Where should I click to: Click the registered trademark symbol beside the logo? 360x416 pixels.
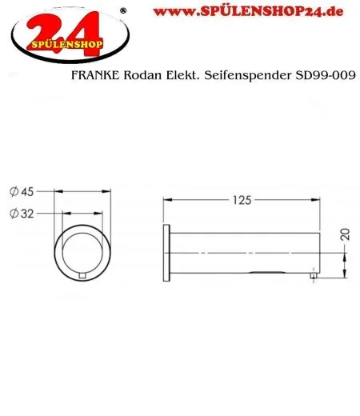[122, 10]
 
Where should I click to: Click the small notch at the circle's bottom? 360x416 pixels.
[84, 277]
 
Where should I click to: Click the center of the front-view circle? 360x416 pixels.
[84, 253]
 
